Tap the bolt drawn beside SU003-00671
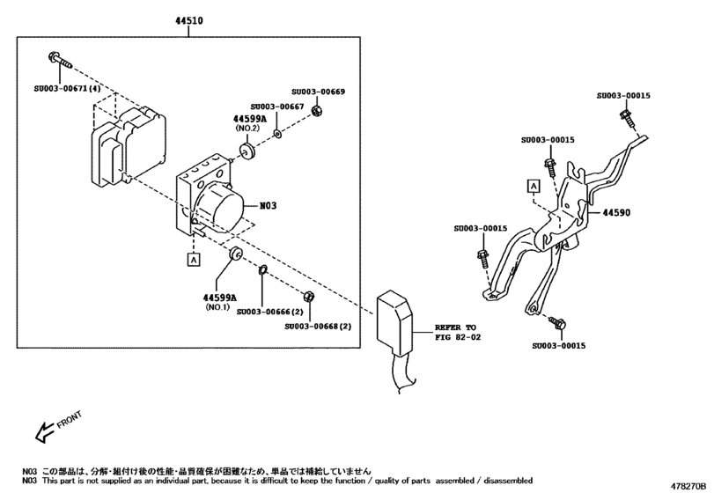tap(59, 60)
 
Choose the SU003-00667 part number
tap(278, 107)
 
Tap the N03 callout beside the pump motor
tap(268, 206)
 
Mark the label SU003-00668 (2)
tap(318, 326)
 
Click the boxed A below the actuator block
tap(192, 259)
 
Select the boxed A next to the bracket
tap(534, 185)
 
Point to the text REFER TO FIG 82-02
tap(457, 331)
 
